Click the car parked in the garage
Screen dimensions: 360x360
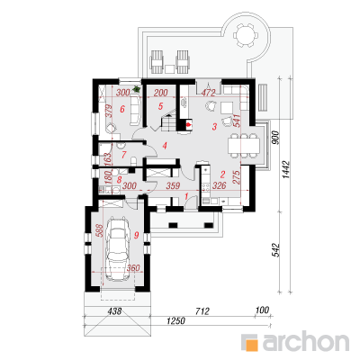(x=118, y=249)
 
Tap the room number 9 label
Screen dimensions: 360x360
(x=136, y=235)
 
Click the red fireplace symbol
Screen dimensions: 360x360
(x=189, y=123)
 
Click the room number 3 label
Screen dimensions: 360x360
(x=214, y=127)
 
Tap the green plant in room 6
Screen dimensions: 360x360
(x=137, y=89)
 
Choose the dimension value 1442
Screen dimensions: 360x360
(x=286, y=170)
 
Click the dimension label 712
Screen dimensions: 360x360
(x=202, y=311)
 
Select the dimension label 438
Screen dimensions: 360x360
(x=114, y=311)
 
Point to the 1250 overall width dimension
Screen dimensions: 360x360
(x=176, y=320)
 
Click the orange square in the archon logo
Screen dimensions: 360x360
(x=251, y=342)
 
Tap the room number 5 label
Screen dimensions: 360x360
(x=160, y=106)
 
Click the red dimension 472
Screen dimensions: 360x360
(x=209, y=93)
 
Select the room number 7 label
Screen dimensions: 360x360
(x=124, y=155)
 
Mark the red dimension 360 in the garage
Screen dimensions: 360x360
(x=133, y=267)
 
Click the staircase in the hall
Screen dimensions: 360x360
(x=169, y=122)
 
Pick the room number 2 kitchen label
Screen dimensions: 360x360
(x=222, y=175)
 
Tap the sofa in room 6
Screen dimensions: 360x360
(x=136, y=110)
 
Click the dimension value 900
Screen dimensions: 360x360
(x=275, y=138)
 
